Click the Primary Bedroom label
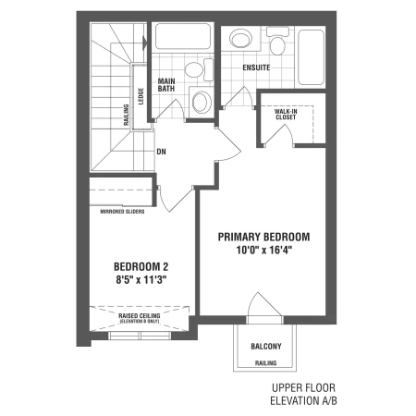[263, 237]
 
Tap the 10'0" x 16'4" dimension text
[263, 250]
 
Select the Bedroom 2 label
[141, 266]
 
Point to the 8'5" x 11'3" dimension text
[141, 280]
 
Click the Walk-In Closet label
[286, 115]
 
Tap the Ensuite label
[256, 67]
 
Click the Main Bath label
[166, 85]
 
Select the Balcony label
[266, 347]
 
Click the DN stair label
[161, 152]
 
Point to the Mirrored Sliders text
[122, 212]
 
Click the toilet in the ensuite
[277, 42]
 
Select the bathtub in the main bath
[183, 36]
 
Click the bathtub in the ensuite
[312, 58]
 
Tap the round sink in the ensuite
[240, 39]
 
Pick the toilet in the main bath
[200, 69]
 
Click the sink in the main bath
[202, 102]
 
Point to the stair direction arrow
[144, 43]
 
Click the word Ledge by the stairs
[141, 96]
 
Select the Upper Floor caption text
[303, 387]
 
